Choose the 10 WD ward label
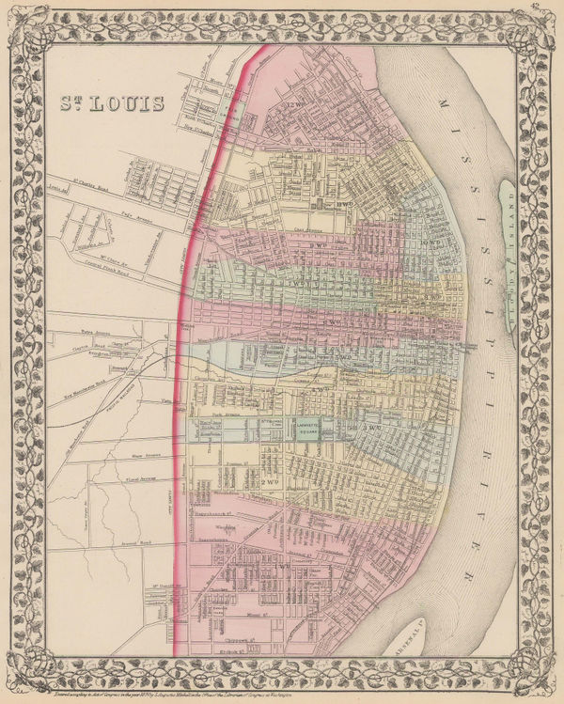[x=432, y=243]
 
